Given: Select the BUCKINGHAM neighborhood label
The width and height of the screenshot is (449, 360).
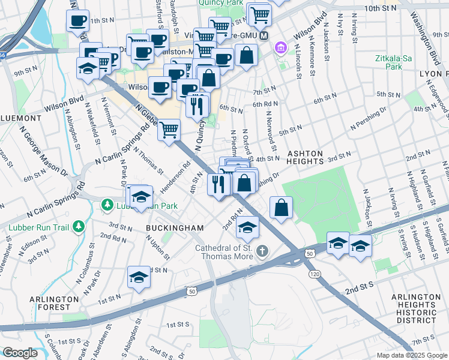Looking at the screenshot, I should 175,228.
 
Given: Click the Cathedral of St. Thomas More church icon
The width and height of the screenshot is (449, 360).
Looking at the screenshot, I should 262,250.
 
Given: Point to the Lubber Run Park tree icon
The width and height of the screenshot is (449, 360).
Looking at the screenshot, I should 107,206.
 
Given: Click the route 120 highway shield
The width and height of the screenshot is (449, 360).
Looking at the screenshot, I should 314,274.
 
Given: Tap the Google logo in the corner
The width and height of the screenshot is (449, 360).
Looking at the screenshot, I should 20,353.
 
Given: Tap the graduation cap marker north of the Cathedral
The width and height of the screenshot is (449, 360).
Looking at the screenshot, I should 248,226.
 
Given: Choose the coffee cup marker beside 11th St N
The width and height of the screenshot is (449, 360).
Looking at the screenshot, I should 77,20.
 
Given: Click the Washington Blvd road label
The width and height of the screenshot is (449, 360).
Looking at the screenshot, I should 426,36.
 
